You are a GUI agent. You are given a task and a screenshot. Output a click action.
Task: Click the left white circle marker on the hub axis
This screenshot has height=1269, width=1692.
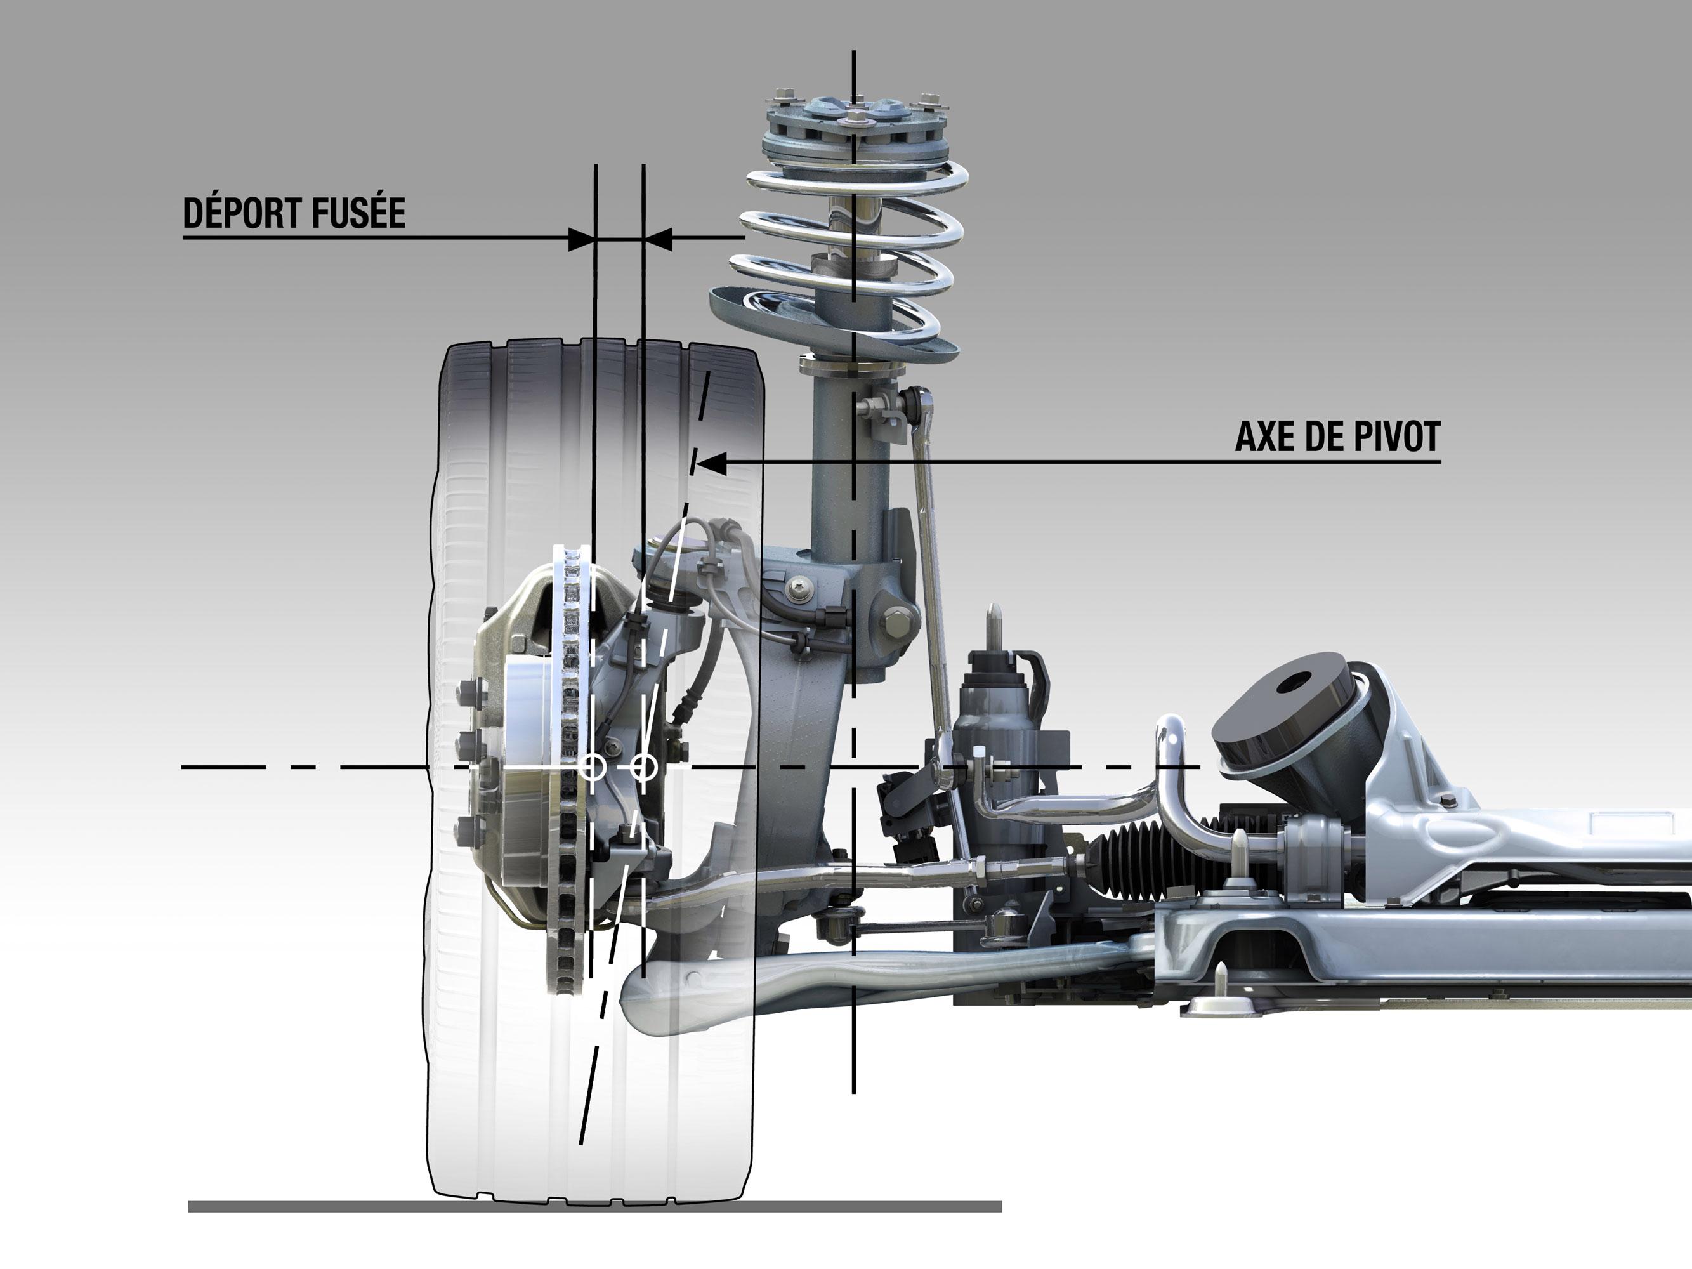coord(592,766)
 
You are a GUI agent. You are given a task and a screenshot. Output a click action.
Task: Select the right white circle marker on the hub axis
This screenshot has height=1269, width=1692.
coord(644,766)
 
